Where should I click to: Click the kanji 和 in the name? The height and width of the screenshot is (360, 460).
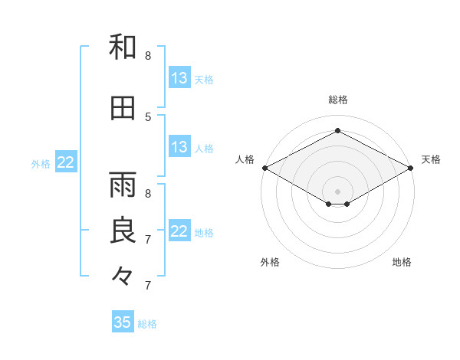click(123, 47)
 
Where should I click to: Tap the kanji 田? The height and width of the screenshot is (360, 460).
click(123, 108)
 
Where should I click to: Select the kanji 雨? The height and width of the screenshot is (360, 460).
click(123, 185)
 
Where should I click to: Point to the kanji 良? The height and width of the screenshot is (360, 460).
click(123, 230)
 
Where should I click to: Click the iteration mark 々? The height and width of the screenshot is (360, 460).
click(122, 277)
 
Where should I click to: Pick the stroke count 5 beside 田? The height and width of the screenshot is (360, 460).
click(148, 117)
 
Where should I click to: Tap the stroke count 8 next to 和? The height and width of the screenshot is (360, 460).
click(148, 56)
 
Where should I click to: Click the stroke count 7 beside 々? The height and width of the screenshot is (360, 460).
click(148, 286)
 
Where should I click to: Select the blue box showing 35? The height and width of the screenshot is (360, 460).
click(123, 321)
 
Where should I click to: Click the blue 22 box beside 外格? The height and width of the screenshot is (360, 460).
click(66, 162)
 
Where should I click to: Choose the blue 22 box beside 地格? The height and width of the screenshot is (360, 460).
click(179, 231)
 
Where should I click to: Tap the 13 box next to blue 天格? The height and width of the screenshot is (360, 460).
click(179, 77)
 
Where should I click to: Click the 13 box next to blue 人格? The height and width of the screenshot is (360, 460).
click(179, 146)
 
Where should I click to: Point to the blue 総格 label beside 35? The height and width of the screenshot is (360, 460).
click(147, 324)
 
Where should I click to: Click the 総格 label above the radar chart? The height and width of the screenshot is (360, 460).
click(338, 100)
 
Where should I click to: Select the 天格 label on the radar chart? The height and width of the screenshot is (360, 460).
click(431, 159)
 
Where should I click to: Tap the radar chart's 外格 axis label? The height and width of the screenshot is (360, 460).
click(270, 262)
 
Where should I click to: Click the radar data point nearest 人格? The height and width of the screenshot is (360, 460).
click(265, 168)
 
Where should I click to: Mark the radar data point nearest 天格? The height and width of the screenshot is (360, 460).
click(411, 168)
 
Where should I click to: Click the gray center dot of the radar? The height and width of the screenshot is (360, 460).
click(337, 191)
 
